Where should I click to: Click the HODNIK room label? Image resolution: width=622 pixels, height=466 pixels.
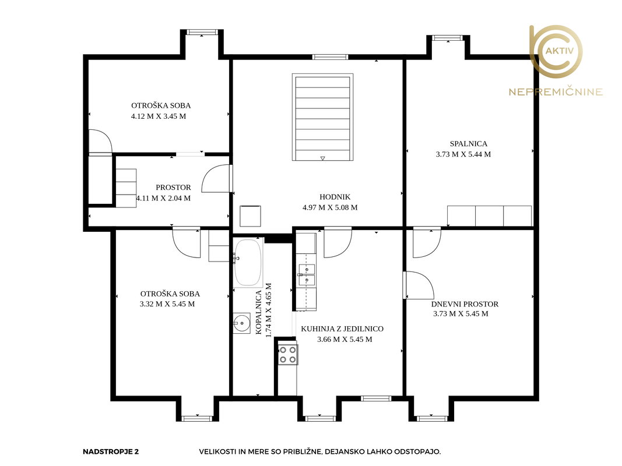click(335, 197)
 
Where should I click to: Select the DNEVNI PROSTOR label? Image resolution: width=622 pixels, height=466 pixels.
click(465, 304)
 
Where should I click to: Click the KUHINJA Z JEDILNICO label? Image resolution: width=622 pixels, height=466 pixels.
click(342, 329)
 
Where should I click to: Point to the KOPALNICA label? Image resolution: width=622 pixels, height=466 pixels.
click(259, 312)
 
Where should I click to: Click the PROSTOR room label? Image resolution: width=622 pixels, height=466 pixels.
click(173, 188)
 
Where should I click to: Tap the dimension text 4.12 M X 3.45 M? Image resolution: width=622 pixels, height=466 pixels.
click(159, 116)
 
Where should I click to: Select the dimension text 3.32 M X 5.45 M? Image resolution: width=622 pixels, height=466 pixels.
click(167, 304)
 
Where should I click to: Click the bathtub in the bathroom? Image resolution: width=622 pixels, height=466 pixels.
click(248, 263)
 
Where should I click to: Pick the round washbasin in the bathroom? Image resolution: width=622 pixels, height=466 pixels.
click(241, 323)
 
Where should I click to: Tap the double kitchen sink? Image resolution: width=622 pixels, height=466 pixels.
click(307, 275)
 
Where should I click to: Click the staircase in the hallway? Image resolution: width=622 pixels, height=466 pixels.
click(322, 117)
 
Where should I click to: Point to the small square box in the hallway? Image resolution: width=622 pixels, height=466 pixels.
click(250, 216)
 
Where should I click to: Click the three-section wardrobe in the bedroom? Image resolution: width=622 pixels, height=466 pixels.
click(490, 216)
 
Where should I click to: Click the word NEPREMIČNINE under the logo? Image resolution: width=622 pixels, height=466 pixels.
click(556, 93)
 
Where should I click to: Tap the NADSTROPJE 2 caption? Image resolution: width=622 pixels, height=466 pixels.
click(111, 452)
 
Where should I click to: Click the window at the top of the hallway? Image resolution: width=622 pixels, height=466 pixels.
click(330, 57)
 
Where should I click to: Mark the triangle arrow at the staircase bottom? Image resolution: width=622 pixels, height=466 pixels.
click(322, 158)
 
